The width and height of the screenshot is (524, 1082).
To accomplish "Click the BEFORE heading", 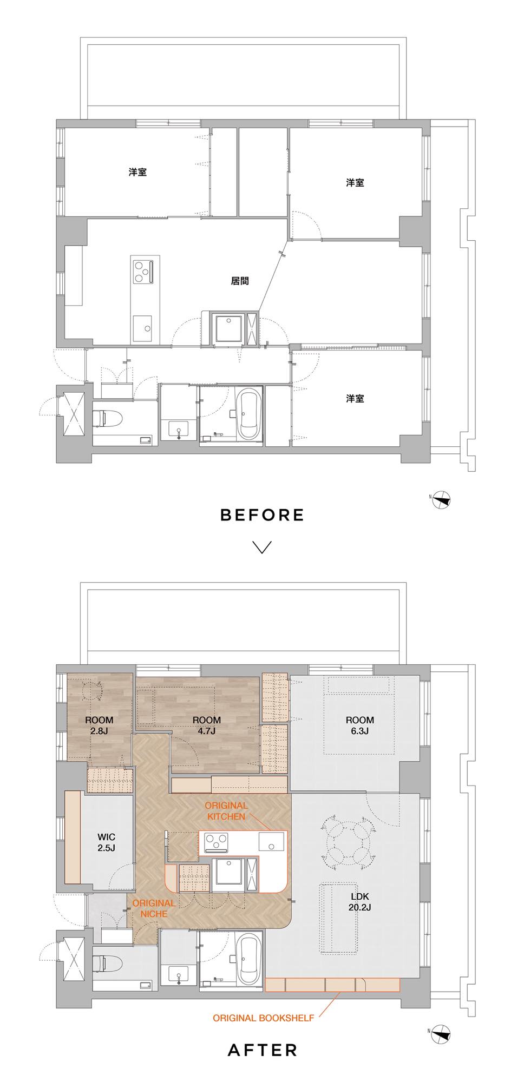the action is click(262, 514).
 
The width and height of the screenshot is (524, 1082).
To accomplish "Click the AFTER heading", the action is click(263, 1050).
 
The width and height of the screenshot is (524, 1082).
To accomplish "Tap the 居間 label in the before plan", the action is click(240, 281).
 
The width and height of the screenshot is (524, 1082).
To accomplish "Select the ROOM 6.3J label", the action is click(360, 725).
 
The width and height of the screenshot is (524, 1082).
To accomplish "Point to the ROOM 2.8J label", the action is click(99, 725).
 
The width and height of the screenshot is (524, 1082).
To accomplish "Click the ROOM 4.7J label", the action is click(207, 725).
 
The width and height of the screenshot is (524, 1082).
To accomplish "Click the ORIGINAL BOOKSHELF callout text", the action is click(263, 1018).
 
